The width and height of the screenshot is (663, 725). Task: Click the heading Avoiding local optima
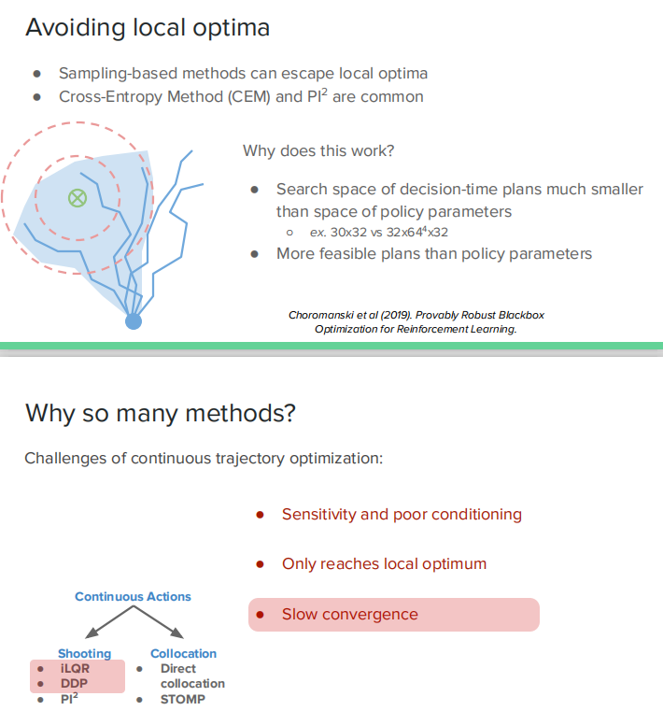[148, 27]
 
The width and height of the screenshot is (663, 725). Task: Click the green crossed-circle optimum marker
[78, 197]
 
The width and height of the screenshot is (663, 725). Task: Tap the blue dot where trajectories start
[134, 321]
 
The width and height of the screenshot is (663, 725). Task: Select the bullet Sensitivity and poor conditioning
[402, 514]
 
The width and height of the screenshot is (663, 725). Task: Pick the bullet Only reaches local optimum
[384, 564]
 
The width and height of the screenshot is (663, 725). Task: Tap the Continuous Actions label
[133, 596]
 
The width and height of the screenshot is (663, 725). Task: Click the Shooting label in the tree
[84, 653]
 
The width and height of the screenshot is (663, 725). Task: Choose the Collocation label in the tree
[183, 653]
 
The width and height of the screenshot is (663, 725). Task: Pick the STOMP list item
[182, 698]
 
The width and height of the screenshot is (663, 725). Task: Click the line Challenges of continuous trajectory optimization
[204, 458]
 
